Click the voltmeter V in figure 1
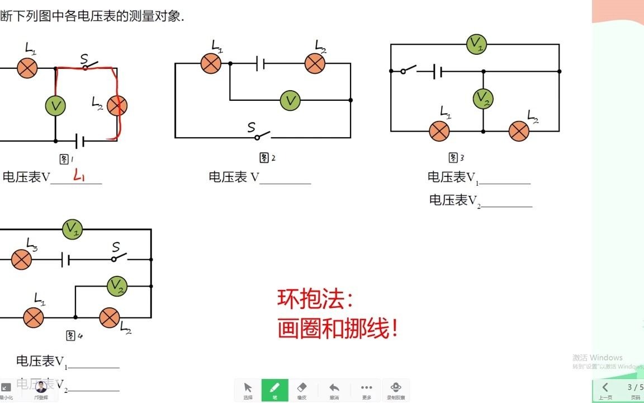(x=55, y=105)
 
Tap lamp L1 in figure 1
(x=27, y=68)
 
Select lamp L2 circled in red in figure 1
(x=117, y=105)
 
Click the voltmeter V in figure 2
(x=290, y=101)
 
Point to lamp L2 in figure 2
(x=315, y=63)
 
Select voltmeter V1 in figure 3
(x=476, y=44)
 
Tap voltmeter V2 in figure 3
(x=483, y=99)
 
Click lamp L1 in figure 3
(x=439, y=131)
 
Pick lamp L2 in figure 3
(x=519, y=131)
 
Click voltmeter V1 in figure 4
(x=72, y=229)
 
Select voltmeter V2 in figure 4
(x=117, y=285)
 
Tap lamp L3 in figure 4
(x=22, y=260)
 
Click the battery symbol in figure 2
(x=260, y=63)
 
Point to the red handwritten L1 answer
(x=79, y=177)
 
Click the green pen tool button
(x=274, y=390)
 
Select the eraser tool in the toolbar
(x=302, y=390)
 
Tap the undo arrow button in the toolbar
(x=334, y=390)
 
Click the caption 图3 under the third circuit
(x=457, y=158)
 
